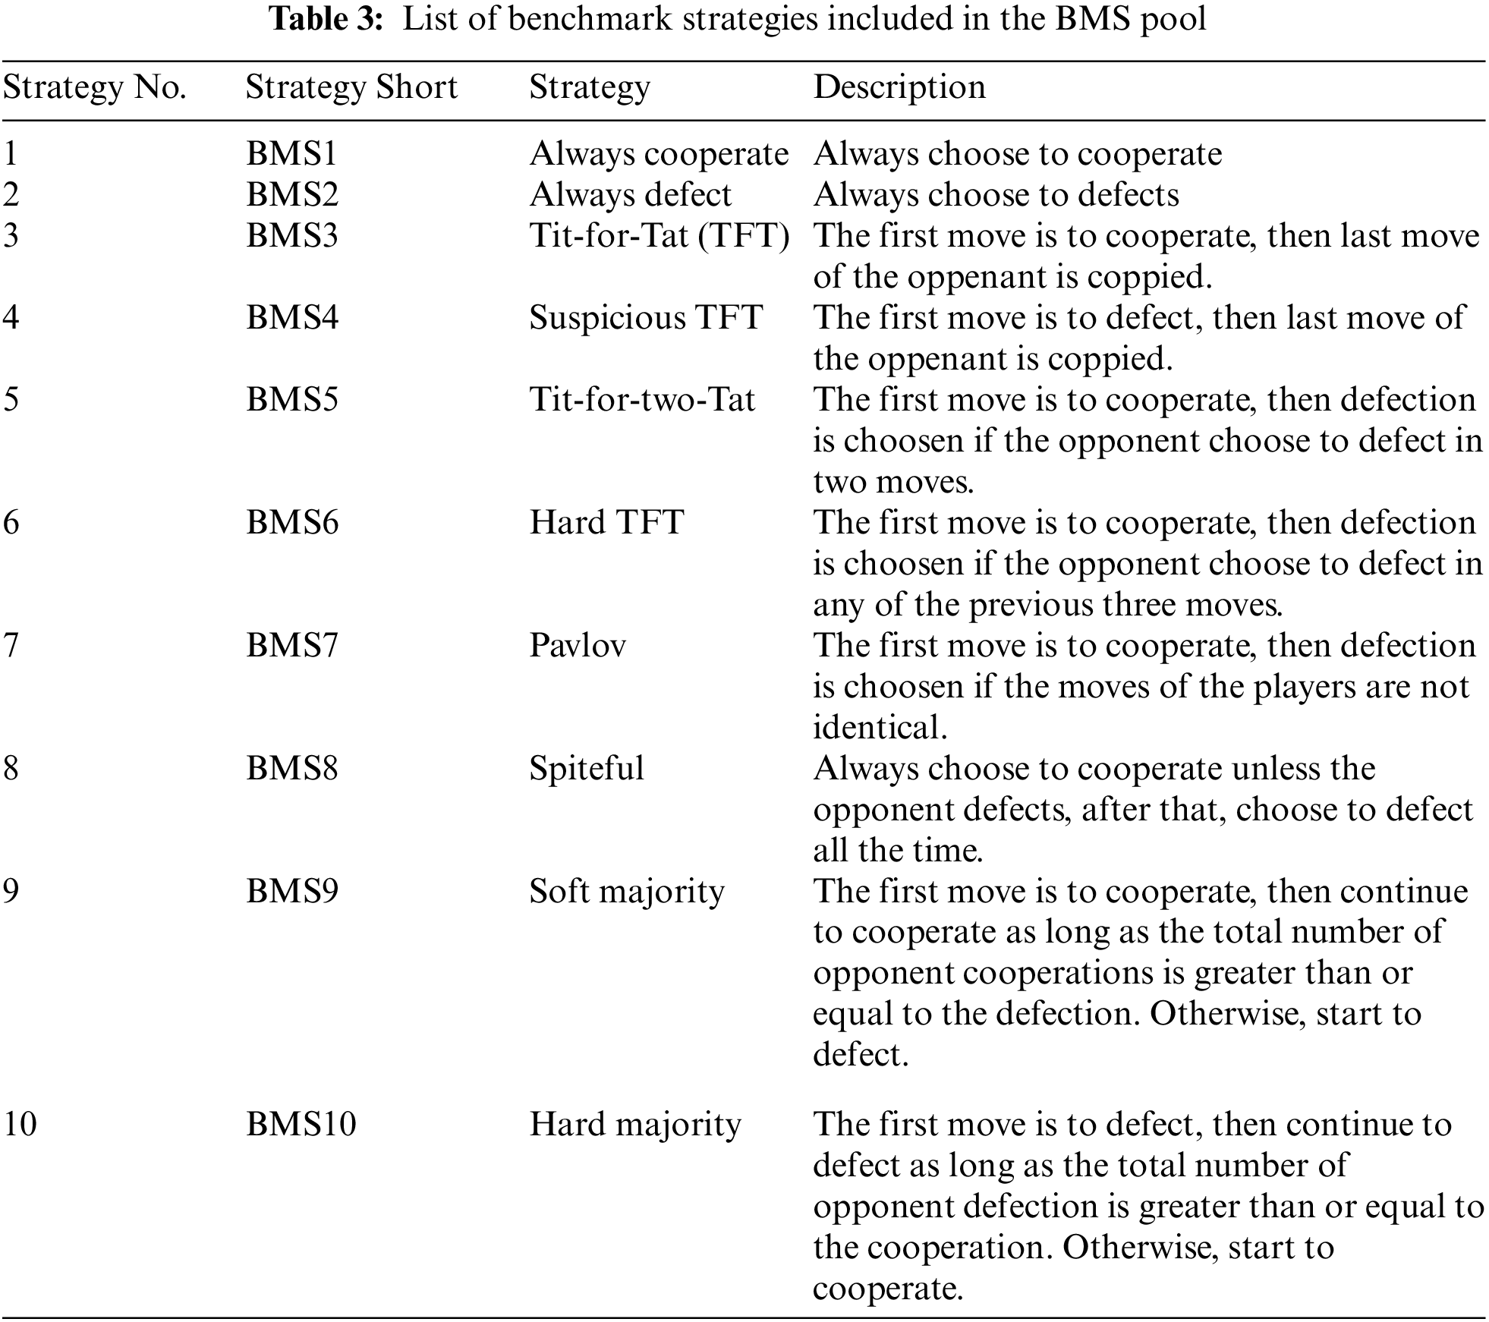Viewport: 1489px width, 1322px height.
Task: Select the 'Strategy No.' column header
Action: click(95, 88)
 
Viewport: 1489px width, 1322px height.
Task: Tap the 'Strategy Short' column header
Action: click(351, 88)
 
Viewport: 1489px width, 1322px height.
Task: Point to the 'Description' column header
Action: click(899, 88)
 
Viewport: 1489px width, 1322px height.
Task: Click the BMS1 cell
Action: click(291, 155)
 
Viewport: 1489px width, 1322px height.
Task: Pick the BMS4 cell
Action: click(292, 318)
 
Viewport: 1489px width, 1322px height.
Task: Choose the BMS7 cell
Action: click(292, 646)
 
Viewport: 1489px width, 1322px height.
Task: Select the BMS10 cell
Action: click(301, 1124)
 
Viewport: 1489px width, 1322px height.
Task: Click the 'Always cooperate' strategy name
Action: click(659, 155)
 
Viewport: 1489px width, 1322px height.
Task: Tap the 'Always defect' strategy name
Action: click(630, 196)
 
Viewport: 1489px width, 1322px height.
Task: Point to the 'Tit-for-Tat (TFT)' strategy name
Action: click(659, 236)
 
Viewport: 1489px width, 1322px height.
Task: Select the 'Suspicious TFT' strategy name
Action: click(645, 318)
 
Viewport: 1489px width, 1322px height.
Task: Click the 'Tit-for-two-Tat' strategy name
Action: click(642, 400)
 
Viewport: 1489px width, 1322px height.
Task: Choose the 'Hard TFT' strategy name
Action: click(606, 523)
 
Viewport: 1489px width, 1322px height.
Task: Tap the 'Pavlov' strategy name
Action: click(578, 646)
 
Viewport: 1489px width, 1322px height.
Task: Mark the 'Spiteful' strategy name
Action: click(587, 769)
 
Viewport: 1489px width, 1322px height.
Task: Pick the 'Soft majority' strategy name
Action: click(627, 892)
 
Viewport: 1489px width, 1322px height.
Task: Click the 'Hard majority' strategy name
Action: click(635, 1124)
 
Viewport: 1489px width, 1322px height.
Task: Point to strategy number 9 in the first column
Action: click(11, 892)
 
